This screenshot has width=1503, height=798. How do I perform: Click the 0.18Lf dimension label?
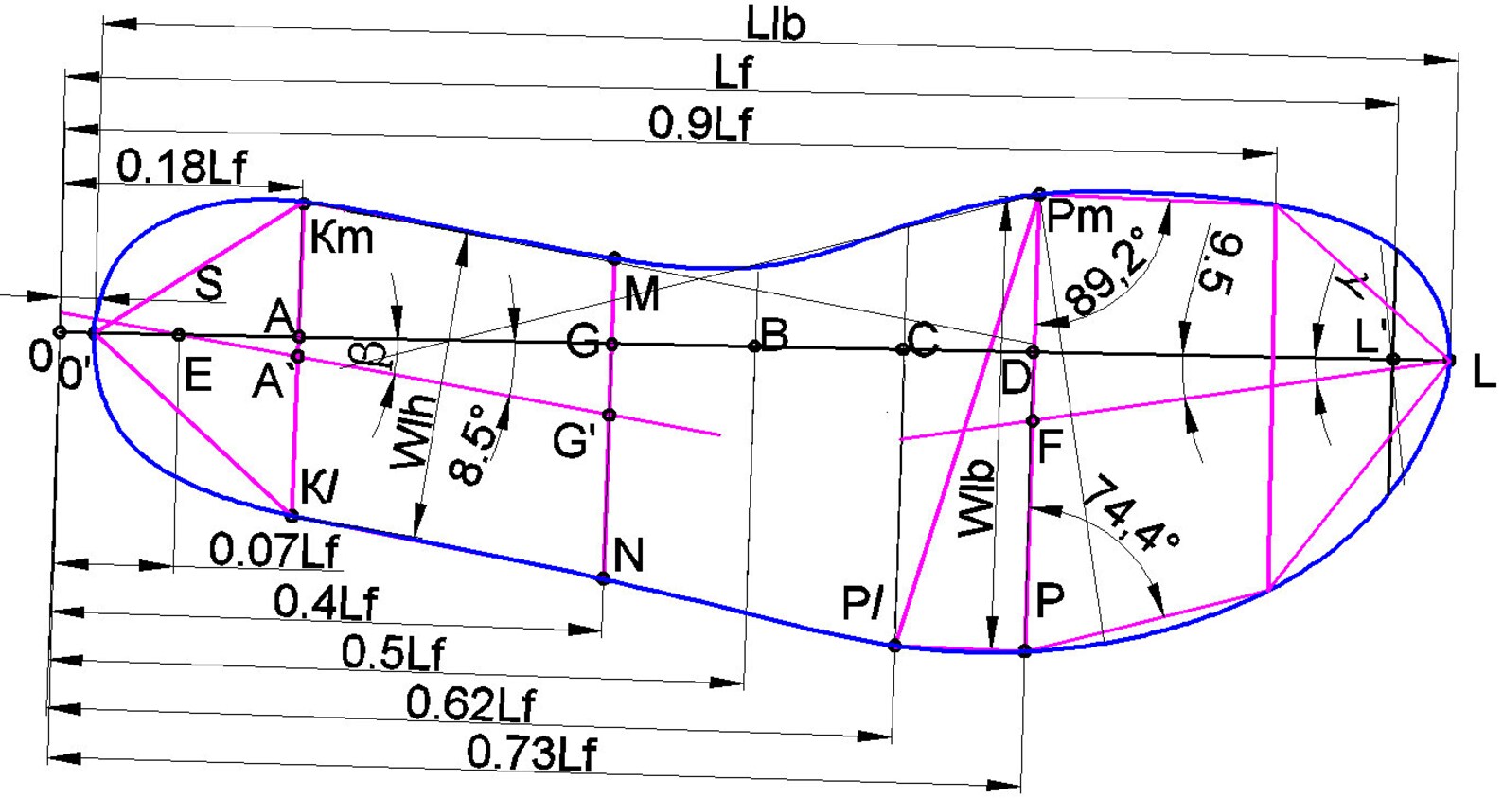coord(182,167)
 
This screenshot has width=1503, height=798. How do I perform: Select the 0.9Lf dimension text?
coord(699,123)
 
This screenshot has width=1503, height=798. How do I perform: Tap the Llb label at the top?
coord(776,25)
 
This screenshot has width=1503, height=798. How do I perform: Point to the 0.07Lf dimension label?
coord(274,550)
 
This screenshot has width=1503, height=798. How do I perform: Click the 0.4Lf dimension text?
coord(326,602)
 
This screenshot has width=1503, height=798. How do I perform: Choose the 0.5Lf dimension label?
coord(393,651)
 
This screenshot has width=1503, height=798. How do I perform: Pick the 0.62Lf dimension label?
coord(471,704)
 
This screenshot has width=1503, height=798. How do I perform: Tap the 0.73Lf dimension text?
coord(531,753)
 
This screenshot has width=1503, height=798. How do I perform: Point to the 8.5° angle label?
coord(475,443)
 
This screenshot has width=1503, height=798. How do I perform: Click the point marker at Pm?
coord(1038,195)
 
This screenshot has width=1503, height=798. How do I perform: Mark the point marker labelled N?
coord(603,578)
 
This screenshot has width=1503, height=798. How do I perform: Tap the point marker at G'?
coord(609,416)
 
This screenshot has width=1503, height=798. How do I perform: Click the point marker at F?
coord(1034,421)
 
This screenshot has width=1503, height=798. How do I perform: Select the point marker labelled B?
coord(755,346)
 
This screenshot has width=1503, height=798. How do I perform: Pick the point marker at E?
coord(179,334)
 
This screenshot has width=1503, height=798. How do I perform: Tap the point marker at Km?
coord(304,204)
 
